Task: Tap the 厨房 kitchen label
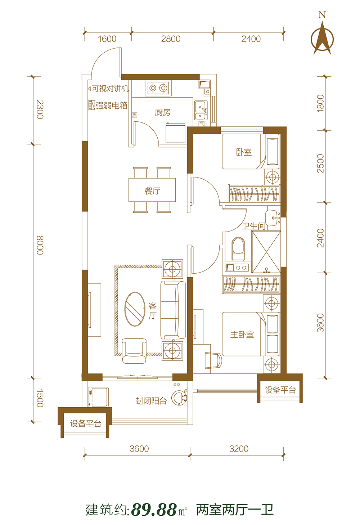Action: pyautogui.click(x=163, y=112)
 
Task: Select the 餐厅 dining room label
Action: pyautogui.click(x=153, y=191)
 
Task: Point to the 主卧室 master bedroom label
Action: pyautogui.click(x=242, y=335)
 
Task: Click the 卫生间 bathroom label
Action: pyautogui.click(x=253, y=226)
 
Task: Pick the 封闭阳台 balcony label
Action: pyautogui.click(x=151, y=401)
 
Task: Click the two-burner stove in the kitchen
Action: pyautogui.click(x=158, y=88)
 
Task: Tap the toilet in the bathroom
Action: pyautogui.click(x=238, y=249)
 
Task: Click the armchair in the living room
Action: pyautogui.click(x=134, y=351)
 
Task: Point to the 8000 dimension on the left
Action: pyautogui.click(x=40, y=245)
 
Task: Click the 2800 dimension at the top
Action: pyautogui.click(x=171, y=39)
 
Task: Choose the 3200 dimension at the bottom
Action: pyautogui.click(x=239, y=449)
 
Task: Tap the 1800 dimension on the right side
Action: pyautogui.click(x=320, y=103)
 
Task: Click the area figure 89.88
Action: pyautogui.click(x=154, y=510)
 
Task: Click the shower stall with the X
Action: pyautogui.click(x=266, y=252)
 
